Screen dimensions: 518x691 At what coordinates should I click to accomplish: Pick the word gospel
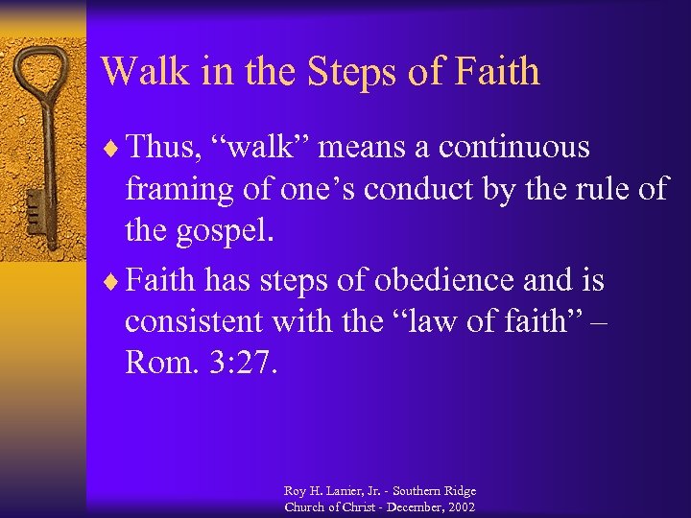click(226, 232)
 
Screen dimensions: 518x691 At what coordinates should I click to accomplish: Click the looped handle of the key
click(43, 72)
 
